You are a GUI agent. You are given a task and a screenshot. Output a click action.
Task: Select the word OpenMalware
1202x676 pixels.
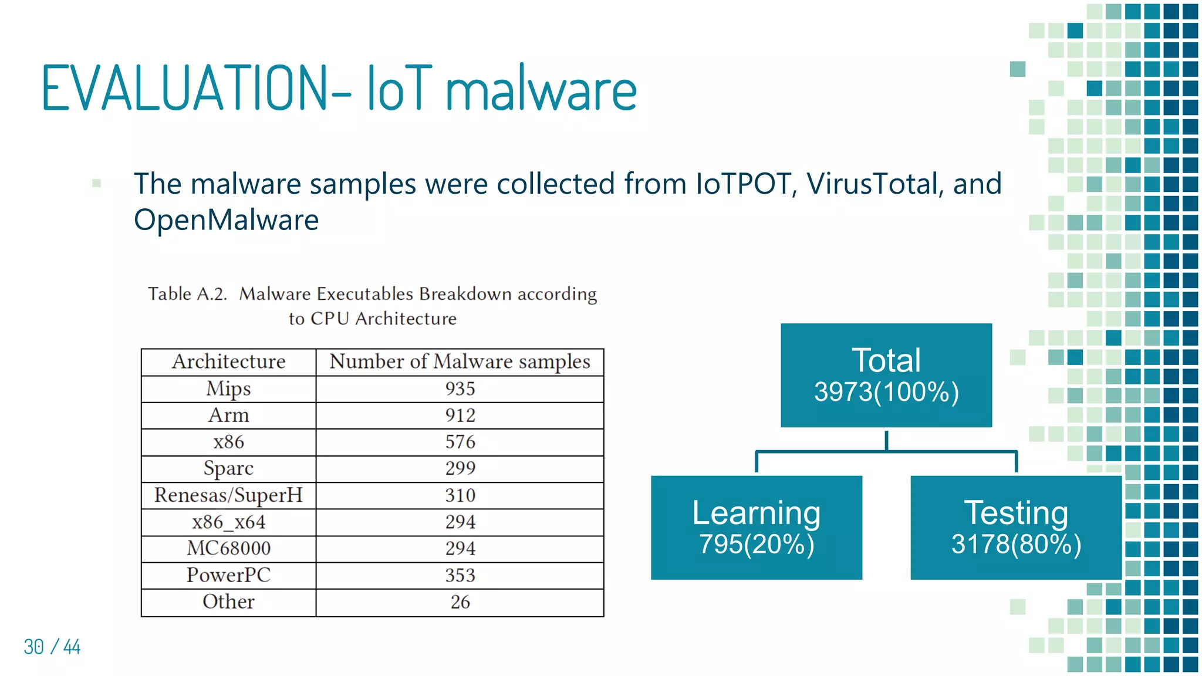tap(226, 220)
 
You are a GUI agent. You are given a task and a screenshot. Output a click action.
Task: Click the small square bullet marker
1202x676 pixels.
tap(97, 183)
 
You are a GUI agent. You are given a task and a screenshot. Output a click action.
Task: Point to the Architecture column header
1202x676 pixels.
tap(228, 361)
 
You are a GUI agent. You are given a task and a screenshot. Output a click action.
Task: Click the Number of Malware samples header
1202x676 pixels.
tap(460, 361)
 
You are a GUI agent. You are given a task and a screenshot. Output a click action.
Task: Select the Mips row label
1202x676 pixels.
tap(228, 388)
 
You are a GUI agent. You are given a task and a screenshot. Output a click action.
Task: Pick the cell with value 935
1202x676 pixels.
tap(460, 388)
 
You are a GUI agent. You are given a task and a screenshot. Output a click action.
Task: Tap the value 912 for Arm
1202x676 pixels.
tap(460, 415)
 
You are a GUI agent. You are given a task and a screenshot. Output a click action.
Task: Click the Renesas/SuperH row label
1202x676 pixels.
tap(228, 495)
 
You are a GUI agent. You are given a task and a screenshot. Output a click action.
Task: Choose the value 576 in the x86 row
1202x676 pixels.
tap(460, 442)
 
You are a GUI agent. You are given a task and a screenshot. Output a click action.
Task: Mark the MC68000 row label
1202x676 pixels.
tap(228, 549)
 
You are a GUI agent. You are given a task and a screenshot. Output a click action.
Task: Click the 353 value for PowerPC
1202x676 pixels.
tap(460, 575)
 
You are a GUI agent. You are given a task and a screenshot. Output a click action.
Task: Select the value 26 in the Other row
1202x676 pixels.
tap(460, 602)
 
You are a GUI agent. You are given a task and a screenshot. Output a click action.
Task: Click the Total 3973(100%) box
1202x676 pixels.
tap(886, 376)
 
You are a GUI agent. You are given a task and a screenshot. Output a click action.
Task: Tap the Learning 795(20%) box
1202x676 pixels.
tap(756, 528)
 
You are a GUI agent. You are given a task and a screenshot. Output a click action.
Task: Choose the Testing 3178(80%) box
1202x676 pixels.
tap(1015, 528)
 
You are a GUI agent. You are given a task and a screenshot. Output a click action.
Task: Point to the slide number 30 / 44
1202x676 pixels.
tap(52, 647)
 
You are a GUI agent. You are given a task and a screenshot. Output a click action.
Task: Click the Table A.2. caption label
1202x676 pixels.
tap(187, 293)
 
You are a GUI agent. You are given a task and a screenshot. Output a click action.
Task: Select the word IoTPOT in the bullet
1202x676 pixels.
tap(744, 184)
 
